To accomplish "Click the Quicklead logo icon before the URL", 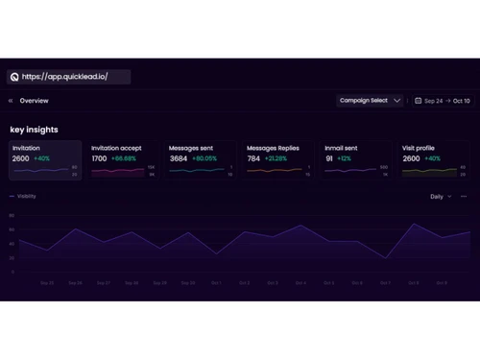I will click(x=14, y=77).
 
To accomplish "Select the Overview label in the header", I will click(x=34, y=101).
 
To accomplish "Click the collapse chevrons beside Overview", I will click(x=11, y=101).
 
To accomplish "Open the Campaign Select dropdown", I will click(x=370, y=101).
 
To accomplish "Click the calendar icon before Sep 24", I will click(x=419, y=101).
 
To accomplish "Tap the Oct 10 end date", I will click(x=461, y=101).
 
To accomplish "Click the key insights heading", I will click(x=34, y=130).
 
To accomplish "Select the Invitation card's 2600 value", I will click(x=20, y=158).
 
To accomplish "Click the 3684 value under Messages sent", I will click(x=179, y=158).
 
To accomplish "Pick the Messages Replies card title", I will click(x=273, y=148).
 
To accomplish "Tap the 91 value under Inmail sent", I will click(x=329, y=158).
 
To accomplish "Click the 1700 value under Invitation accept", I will click(x=100, y=158).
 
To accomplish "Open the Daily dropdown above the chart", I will click(x=440, y=196).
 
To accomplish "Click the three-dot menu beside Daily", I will click(x=464, y=196).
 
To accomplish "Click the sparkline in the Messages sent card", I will click(x=196, y=171).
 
